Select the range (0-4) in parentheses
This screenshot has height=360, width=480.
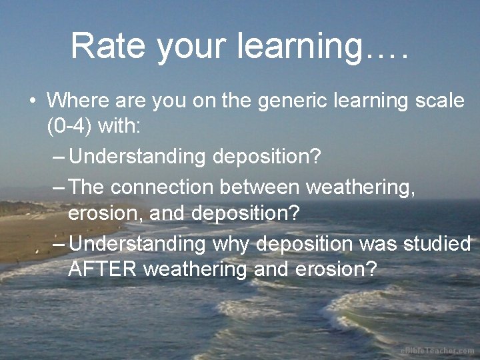click(69, 127)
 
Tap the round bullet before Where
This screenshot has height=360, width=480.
click(32, 102)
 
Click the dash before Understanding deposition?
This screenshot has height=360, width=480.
click(59, 157)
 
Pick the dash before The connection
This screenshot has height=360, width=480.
click(59, 187)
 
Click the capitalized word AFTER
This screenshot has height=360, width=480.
click(103, 269)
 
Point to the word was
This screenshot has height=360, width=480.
click(378, 243)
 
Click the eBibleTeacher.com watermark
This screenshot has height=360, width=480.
click(437, 351)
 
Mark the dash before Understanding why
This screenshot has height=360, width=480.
click(59, 244)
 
